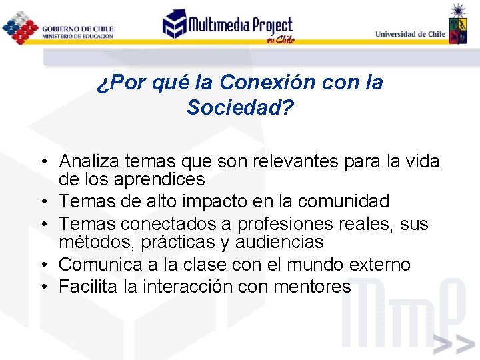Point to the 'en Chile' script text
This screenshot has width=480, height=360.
279,40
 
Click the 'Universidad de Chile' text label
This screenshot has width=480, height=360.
410,34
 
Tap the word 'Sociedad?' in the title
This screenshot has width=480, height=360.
240,107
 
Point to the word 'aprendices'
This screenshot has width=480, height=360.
160,179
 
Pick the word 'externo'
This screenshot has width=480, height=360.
379,265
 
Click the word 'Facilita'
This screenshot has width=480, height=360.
86,287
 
